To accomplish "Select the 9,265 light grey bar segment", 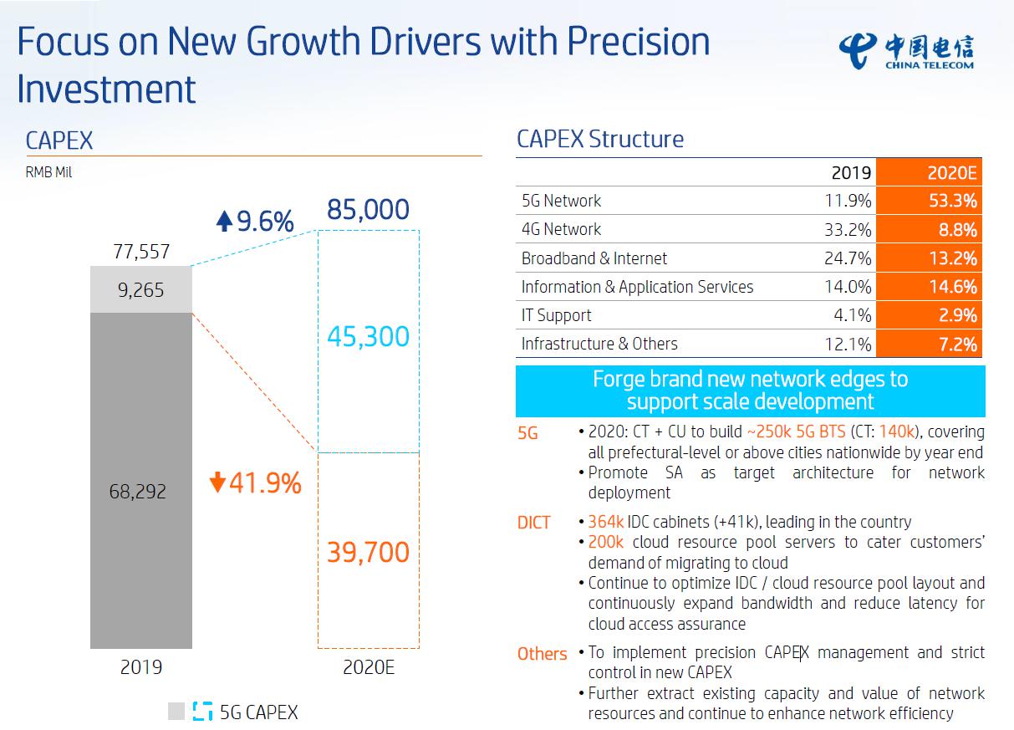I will pos(141,289).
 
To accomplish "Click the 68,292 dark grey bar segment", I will pos(141,491).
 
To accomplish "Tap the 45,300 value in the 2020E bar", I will pos(368,337).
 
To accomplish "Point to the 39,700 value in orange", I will pos(368,552).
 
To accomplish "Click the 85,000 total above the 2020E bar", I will pos(368,209).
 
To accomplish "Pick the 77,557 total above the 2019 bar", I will pos(141,251).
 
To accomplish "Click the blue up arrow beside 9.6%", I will pos(223,222).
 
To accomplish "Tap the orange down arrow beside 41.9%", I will pos(217,483).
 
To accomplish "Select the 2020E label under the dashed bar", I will pos(368,667).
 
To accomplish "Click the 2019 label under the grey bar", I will pos(141,667).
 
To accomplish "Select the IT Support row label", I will pos(556,315).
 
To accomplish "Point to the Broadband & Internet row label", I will pos(594,258).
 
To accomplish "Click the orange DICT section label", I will pos(533,523).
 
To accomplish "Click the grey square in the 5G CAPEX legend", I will pos(176,712).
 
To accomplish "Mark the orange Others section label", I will pos(542,654).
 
